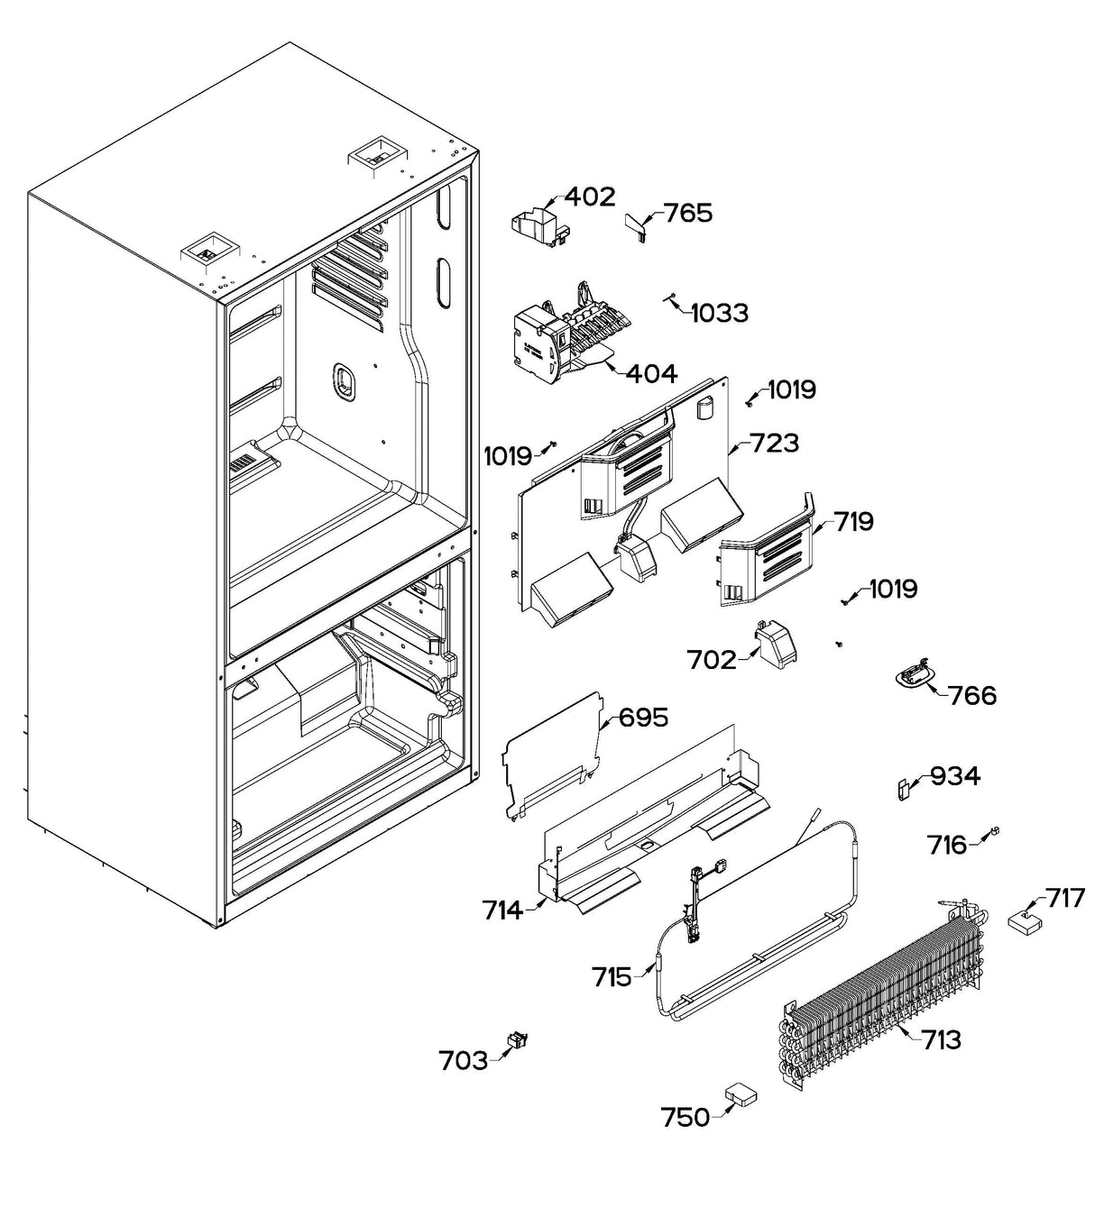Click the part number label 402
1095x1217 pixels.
590,197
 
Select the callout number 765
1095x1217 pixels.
688,213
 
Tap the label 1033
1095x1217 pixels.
719,313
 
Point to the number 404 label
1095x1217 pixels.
651,372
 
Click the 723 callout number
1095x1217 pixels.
774,443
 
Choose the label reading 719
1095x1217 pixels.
852,521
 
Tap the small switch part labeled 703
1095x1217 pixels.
518,1041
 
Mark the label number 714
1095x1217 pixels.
501,910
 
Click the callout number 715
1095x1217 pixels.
612,976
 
